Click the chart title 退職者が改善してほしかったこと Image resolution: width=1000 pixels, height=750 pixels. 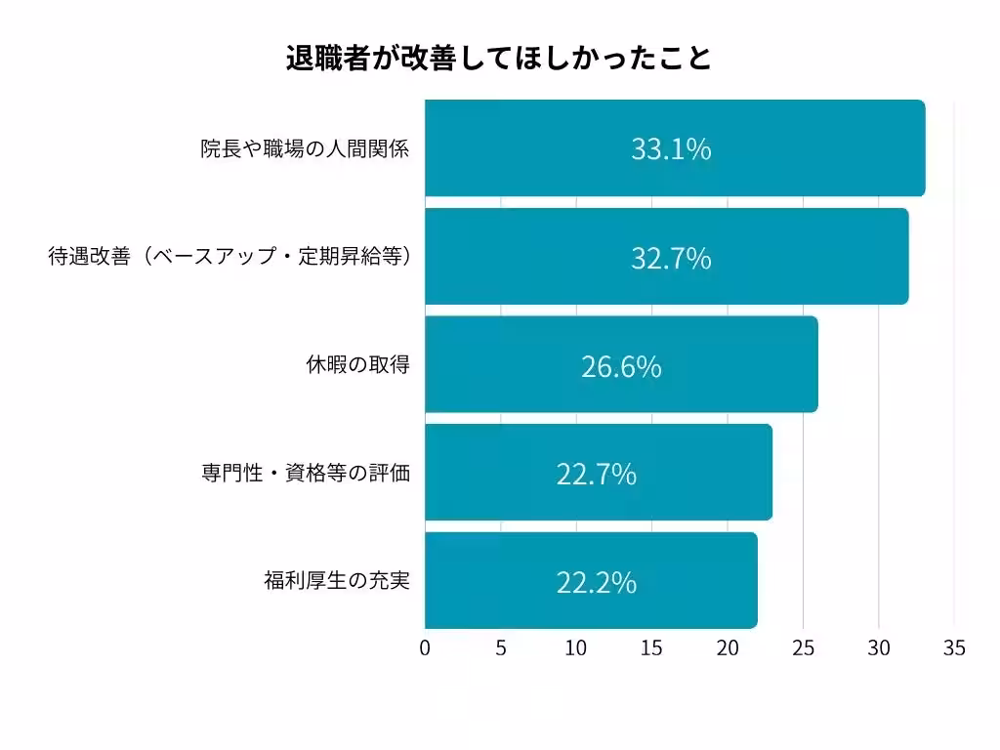point(499,59)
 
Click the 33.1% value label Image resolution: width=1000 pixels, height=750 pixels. point(671,149)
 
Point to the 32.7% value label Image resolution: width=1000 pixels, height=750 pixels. point(671,259)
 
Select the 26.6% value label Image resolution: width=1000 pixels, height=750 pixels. point(621,366)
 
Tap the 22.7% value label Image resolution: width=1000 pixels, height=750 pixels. point(597,475)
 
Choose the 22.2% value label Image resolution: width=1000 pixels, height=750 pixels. point(597,582)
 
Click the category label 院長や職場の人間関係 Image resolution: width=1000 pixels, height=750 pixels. point(305,149)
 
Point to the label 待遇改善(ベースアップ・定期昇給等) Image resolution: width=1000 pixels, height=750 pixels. point(229,258)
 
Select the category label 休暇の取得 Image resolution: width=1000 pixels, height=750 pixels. point(357,365)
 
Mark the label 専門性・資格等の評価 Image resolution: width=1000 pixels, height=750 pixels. point(305,474)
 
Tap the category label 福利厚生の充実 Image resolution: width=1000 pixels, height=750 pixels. point(336,581)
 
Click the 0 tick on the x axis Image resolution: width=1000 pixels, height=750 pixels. point(425,648)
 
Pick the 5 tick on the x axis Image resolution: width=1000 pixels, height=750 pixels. point(501,648)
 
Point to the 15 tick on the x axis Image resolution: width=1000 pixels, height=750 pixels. point(651,648)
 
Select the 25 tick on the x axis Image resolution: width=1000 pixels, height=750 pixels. point(803,648)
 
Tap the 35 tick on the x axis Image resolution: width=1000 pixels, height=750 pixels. point(954,648)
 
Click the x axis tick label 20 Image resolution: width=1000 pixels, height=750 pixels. point(728,648)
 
